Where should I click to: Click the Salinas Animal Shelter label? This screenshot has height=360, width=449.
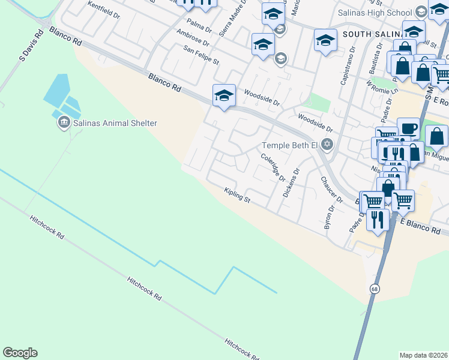[x=115, y=123]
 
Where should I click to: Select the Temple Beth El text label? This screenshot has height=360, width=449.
[x=289, y=145]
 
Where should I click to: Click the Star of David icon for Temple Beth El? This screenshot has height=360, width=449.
[x=327, y=144]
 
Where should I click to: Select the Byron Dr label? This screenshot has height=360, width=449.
[x=328, y=219]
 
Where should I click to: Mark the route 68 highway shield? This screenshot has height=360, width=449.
[x=375, y=289]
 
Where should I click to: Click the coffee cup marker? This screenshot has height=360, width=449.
[x=408, y=128]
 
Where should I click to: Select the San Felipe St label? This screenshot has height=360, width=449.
[x=202, y=58]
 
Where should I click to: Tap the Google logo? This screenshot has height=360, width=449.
[x=20, y=353]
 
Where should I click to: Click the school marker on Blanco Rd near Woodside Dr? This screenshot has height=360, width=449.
[x=224, y=95]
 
